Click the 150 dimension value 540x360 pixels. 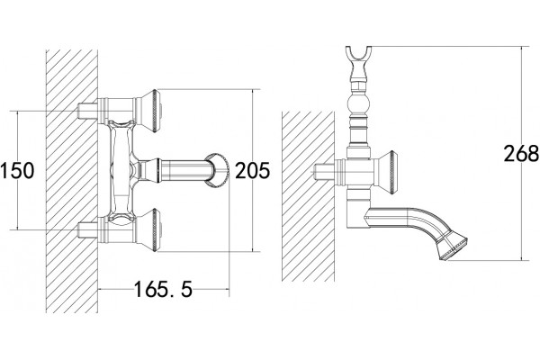pos(17,170)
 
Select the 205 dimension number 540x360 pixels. pos(252,170)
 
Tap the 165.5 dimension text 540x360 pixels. pos(163,289)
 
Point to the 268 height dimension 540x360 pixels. pos(521,153)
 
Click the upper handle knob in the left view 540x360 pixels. pos(148,111)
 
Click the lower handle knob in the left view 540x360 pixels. pos(148,229)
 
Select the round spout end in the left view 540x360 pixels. pos(217,170)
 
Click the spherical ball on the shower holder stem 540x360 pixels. pos(358,104)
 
